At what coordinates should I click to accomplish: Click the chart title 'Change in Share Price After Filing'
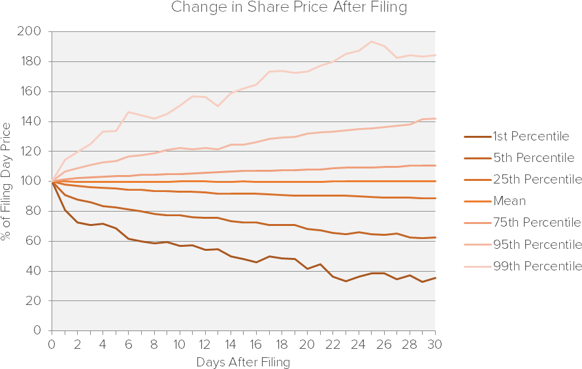[x=289, y=8]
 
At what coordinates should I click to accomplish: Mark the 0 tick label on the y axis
[x=39, y=330]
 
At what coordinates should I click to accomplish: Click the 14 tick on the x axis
[x=230, y=344]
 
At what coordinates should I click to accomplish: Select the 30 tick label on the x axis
[x=434, y=344]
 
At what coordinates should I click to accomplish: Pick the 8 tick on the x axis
[x=154, y=344]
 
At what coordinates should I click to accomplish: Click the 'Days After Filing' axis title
[x=243, y=361]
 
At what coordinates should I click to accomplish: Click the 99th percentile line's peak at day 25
[x=371, y=42]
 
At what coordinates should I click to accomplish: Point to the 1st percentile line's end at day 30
[x=434, y=278]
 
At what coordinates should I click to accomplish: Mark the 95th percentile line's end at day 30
[x=434, y=118]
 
